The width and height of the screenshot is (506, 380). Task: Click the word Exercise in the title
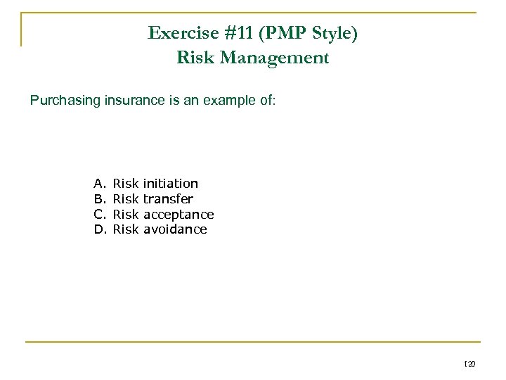point(180,33)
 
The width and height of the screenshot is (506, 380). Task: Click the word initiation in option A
point(171,184)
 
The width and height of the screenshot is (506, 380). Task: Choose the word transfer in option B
point(168,199)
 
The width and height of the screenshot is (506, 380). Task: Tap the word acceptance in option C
point(179,214)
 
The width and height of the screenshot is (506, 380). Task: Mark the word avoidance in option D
point(175,229)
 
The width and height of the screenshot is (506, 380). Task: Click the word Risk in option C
point(126,214)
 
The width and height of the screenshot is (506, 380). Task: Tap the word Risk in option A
point(126,184)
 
